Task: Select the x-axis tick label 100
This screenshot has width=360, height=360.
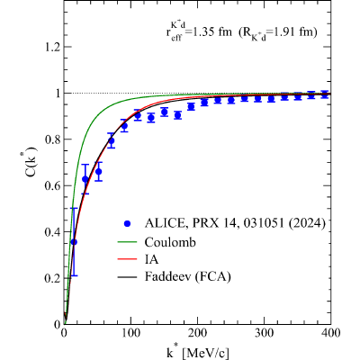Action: coord(130,333)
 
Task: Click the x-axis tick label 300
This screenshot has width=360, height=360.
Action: coord(264,333)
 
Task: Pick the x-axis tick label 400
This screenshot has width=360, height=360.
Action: coord(330,333)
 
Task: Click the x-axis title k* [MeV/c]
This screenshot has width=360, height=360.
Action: coord(198,352)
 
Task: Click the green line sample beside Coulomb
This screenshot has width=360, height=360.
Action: coord(129,242)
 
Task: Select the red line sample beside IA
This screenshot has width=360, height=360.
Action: coord(129,259)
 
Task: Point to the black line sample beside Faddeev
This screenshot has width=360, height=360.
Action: coord(129,276)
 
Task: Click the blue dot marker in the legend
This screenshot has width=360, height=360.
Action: coord(128,223)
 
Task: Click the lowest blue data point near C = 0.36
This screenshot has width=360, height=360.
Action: coord(74,242)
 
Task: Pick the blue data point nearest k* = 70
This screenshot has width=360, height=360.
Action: coord(112,140)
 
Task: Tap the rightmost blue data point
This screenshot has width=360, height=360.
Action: coord(324,94)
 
